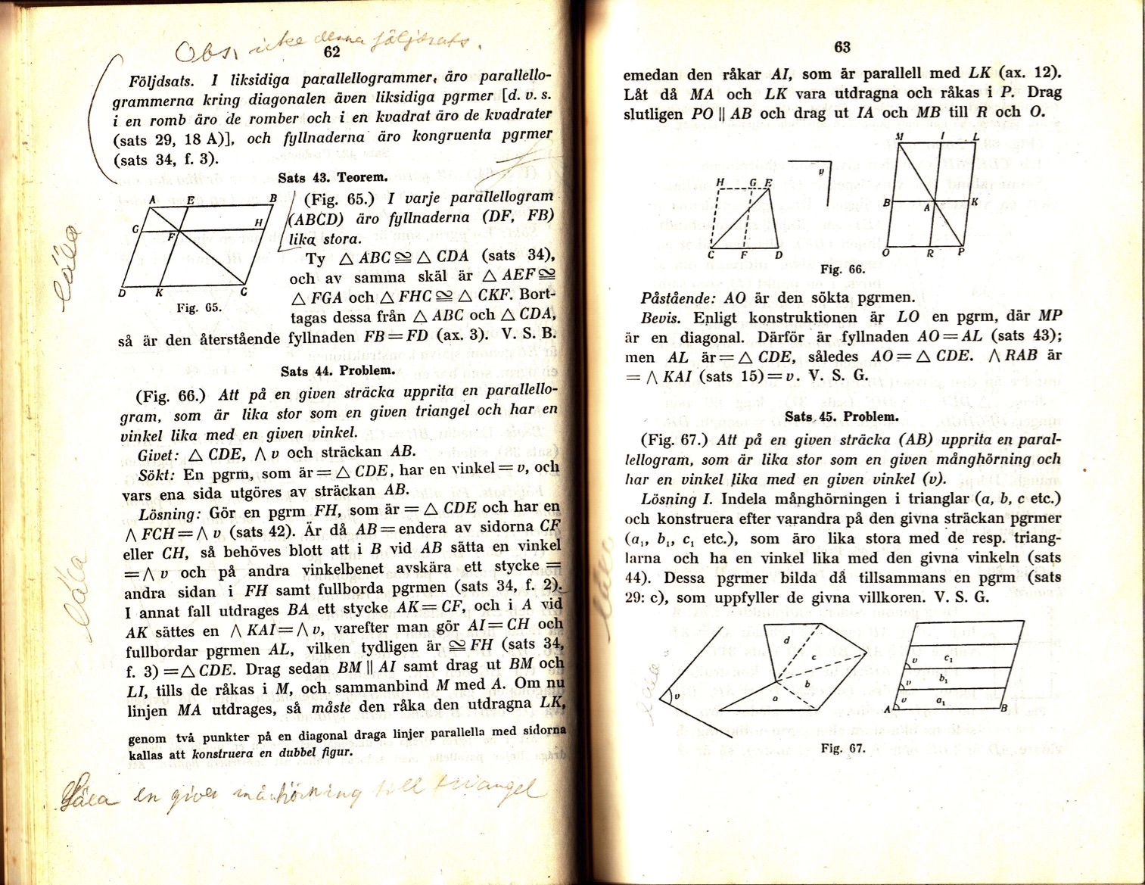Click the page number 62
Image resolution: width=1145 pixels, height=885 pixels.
(x=331, y=51)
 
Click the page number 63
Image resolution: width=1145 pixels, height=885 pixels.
(x=842, y=47)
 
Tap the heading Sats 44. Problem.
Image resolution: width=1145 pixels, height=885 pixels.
(x=338, y=371)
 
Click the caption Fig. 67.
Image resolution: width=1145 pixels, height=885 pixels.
(x=842, y=748)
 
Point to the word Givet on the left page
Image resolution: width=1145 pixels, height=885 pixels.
(x=158, y=456)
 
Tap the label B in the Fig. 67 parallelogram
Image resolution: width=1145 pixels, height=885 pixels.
(x=1004, y=709)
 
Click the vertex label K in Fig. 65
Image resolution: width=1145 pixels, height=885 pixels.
(x=158, y=293)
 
